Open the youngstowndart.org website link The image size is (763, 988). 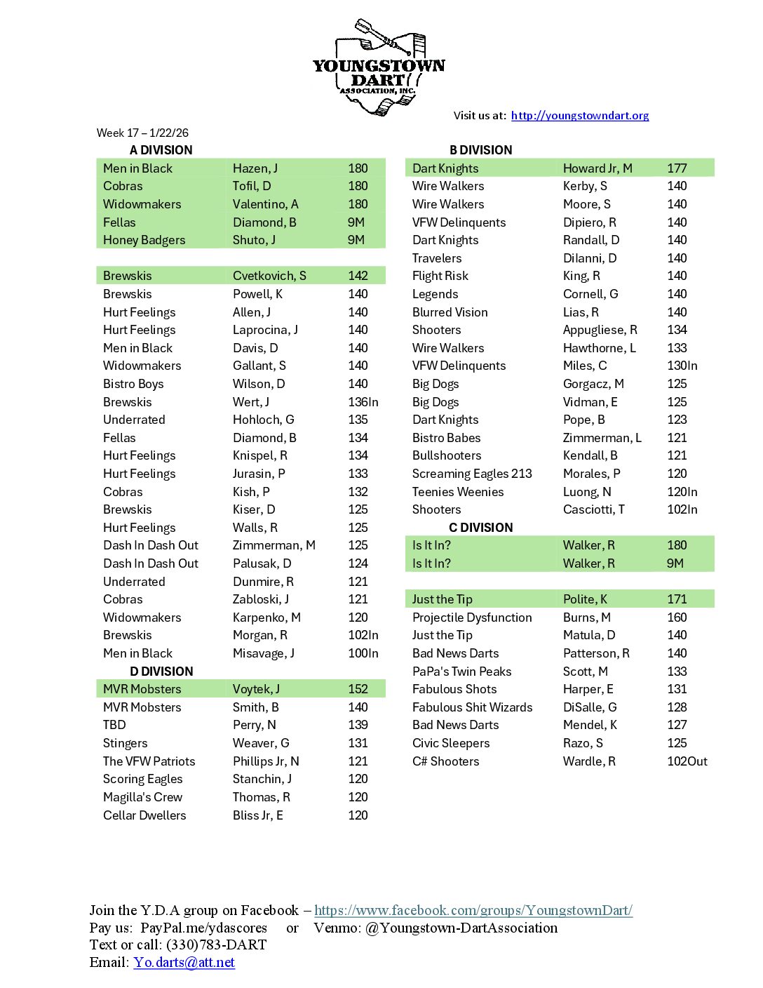(579, 116)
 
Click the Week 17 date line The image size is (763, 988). (142, 133)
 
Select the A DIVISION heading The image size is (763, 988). (161, 150)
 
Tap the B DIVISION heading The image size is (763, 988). (480, 150)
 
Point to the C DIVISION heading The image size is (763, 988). (480, 528)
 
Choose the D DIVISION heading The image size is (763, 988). (161, 672)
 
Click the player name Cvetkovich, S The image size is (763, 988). (269, 276)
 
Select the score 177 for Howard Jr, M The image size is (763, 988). (677, 168)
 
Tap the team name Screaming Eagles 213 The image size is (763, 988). (472, 474)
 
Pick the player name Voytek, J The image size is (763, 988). (256, 689)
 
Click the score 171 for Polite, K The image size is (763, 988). (677, 599)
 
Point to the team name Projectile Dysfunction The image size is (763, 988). (472, 617)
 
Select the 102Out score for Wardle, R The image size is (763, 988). (687, 761)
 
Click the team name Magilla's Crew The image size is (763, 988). (142, 797)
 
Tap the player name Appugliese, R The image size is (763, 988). (600, 330)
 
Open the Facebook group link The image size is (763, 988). (473, 910)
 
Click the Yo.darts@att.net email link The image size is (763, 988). (184, 962)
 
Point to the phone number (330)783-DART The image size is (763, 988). (216, 944)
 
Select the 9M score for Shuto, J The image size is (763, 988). (356, 240)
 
